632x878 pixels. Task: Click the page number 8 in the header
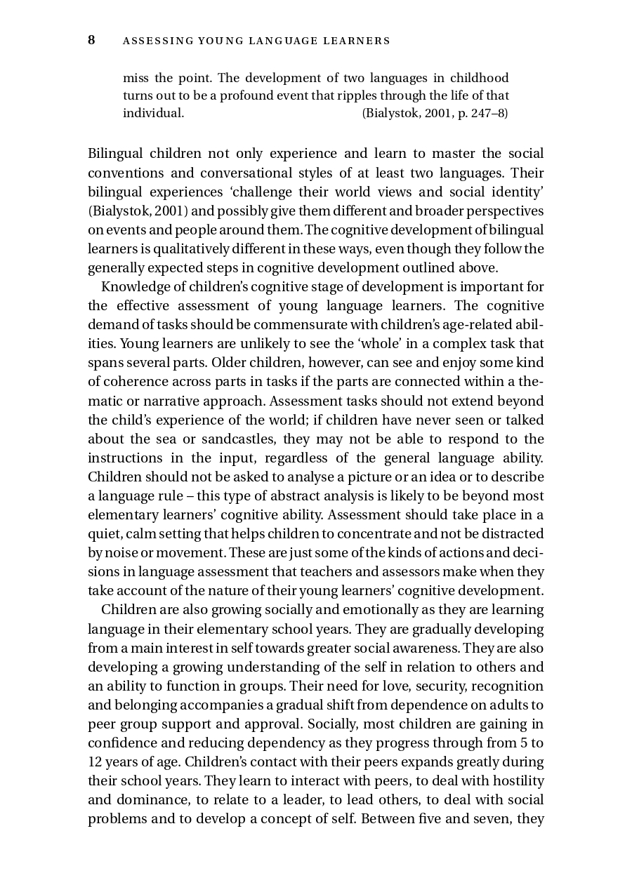click(x=91, y=40)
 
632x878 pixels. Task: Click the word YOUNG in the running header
click(x=218, y=41)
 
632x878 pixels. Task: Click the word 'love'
click(x=397, y=686)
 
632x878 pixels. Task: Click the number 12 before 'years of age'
click(x=95, y=761)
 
